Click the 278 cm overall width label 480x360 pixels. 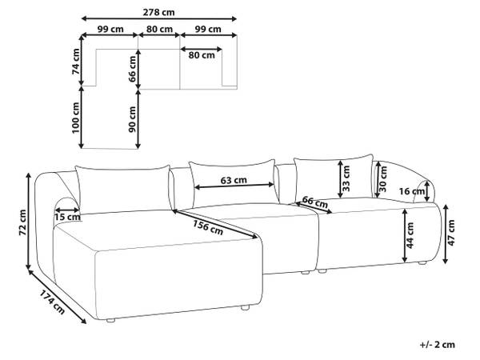pyautogui.click(x=158, y=12)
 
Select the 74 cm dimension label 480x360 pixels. pyautogui.click(x=76, y=62)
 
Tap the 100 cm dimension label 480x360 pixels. pyautogui.click(x=76, y=118)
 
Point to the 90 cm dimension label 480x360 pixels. pyautogui.click(x=132, y=119)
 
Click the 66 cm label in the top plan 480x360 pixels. pyautogui.click(x=132, y=69)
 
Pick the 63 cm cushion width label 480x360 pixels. pyautogui.click(x=234, y=180)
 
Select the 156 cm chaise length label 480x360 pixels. pyautogui.click(x=208, y=228)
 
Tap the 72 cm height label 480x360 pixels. pyautogui.click(x=23, y=222)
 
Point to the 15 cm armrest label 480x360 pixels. pyautogui.click(x=68, y=218)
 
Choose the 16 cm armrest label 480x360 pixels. pyautogui.click(x=412, y=192)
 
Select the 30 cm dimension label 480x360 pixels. pyautogui.click(x=383, y=178)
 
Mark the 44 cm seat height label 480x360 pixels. pyautogui.click(x=410, y=235)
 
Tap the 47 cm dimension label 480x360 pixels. pyautogui.click(x=451, y=233)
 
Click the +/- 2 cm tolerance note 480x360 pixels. pyautogui.click(x=437, y=345)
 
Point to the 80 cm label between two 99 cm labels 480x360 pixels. pyautogui.click(x=159, y=30)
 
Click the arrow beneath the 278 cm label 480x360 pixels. pyautogui.click(x=159, y=18)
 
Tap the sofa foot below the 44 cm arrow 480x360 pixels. pyautogui.click(x=422, y=262)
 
